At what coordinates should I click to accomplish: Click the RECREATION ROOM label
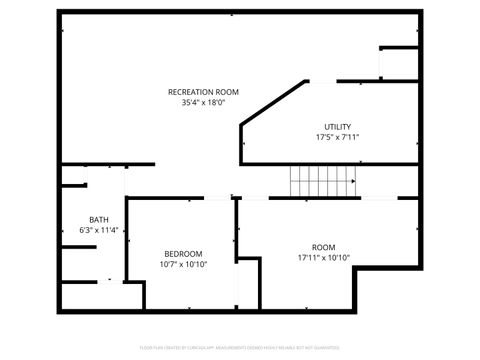[x=203, y=92]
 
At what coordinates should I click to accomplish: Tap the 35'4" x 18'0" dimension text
[x=203, y=102]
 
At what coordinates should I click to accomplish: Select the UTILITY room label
[x=337, y=127]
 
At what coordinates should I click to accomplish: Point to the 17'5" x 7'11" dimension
[x=337, y=137]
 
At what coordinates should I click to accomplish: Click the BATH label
[x=99, y=220]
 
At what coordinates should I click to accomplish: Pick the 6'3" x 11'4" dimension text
[x=99, y=230]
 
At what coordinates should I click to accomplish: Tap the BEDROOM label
[x=183, y=254]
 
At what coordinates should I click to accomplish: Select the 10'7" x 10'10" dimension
[x=183, y=264]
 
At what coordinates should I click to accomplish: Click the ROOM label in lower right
[x=323, y=247]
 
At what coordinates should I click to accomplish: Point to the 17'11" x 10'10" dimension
[x=323, y=257]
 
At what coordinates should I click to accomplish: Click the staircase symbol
[x=323, y=181]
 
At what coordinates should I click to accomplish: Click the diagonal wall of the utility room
[x=273, y=102]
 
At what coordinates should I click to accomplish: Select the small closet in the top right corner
[x=398, y=63]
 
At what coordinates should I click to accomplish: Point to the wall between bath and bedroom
[x=127, y=240]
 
